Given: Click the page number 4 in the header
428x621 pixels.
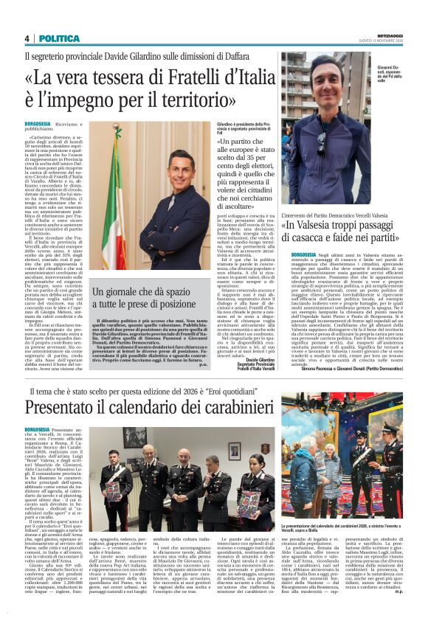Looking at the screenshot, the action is pos(27,38).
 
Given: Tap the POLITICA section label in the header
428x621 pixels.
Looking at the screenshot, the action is pos(59,38).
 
